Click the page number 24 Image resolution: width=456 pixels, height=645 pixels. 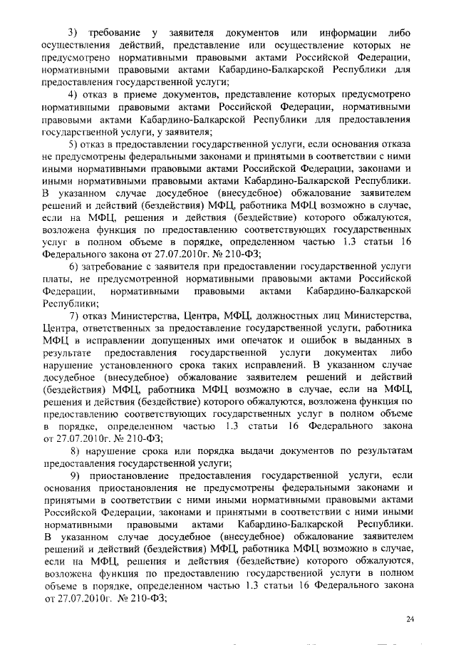coord(410,619)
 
